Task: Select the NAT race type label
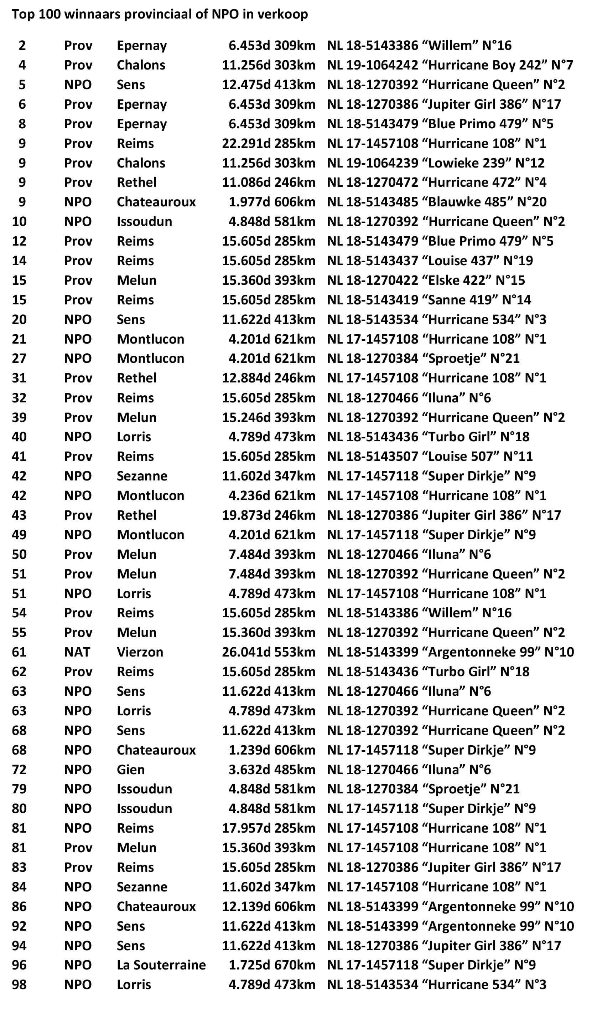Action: click(77, 652)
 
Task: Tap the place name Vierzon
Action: click(140, 652)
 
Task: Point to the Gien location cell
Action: click(131, 770)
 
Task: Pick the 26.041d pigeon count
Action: click(246, 652)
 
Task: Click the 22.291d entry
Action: click(246, 143)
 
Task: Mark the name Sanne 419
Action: click(460, 300)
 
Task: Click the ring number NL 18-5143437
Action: click(373, 261)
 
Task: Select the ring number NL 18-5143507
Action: click(373, 456)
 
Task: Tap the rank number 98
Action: click(19, 984)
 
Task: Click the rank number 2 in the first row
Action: click(22, 45)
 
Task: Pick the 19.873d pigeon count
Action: click(246, 515)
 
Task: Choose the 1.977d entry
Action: click(249, 202)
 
